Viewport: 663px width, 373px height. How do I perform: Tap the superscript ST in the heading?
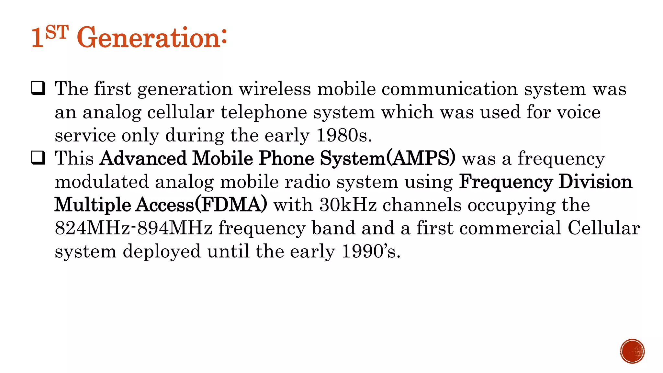57,32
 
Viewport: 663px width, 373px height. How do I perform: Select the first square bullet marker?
38,88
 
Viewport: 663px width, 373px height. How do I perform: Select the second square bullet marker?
38,158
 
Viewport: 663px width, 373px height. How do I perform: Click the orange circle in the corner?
632,351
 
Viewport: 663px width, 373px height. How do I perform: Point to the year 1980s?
344,135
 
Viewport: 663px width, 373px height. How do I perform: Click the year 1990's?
371,251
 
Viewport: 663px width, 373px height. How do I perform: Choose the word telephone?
264,112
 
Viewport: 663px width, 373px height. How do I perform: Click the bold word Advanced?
144,158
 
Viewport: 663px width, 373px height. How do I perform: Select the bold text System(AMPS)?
388,158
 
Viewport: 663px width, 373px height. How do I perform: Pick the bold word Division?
595,182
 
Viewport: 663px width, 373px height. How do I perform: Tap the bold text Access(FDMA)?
201,205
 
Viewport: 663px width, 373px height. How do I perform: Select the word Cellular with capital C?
604,228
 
